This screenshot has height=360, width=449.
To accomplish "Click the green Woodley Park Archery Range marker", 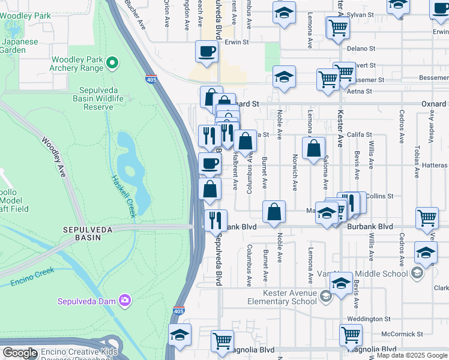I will click(112, 62).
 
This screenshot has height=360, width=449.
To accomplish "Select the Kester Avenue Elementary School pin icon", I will click(325, 295).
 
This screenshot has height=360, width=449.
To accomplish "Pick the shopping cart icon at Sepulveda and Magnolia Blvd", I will click(222, 340).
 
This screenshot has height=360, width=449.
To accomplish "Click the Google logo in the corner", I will click(20, 353).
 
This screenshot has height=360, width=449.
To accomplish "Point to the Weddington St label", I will click(371, 319).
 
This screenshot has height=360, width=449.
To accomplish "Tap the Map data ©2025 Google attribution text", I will click(412, 355).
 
